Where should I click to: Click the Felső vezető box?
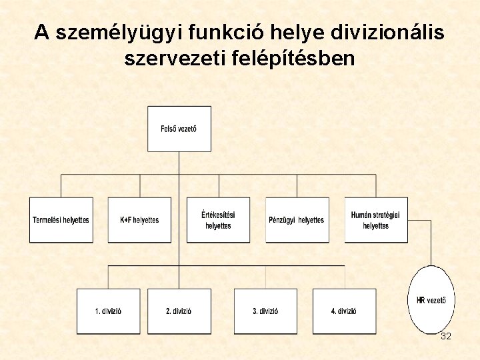pyautogui.click(x=179, y=129)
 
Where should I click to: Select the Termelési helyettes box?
pyautogui.click(x=61, y=220)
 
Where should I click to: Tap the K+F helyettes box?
pyautogui.click(x=139, y=220)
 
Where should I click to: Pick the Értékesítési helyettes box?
pyautogui.click(x=218, y=220)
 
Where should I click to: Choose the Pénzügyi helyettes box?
pyautogui.click(x=297, y=220)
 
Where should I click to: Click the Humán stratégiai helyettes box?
pyautogui.click(x=376, y=220)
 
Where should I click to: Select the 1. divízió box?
pyautogui.click(x=108, y=311)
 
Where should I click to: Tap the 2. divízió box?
pyautogui.click(x=179, y=311)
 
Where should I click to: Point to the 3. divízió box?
pyautogui.click(x=265, y=311)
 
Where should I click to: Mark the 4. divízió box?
pyautogui.click(x=343, y=311)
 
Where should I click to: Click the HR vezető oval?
pyautogui.click(x=431, y=300)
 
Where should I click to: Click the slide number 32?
pyautogui.click(x=446, y=337)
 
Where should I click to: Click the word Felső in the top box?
pyautogui.click(x=170, y=129)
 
